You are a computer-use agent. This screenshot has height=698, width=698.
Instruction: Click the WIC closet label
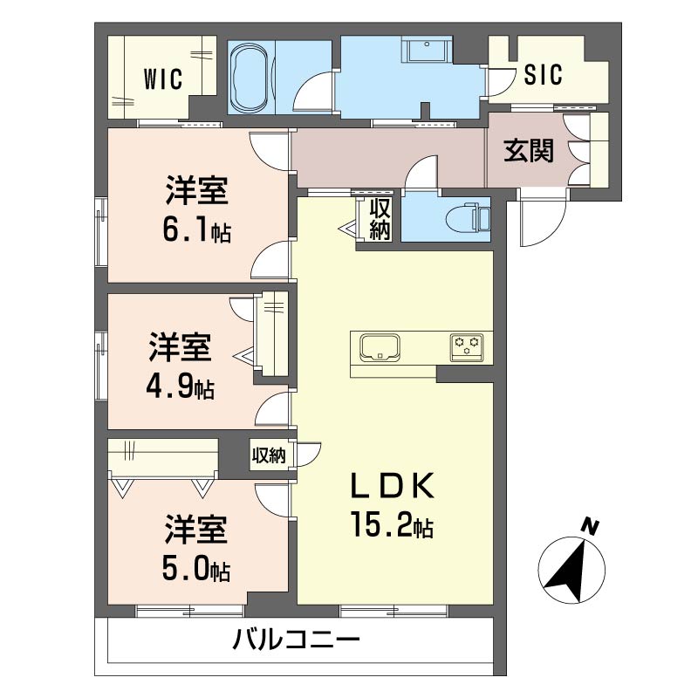(x=163, y=79)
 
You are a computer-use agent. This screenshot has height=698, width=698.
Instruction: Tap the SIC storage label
(x=543, y=75)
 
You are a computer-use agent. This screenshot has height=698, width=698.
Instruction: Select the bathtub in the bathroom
(x=250, y=77)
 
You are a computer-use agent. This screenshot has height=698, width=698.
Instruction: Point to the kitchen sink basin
(x=379, y=348)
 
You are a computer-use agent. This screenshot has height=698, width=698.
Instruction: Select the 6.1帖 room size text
(x=195, y=232)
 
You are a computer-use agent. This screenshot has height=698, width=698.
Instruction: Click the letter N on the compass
(x=591, y=526)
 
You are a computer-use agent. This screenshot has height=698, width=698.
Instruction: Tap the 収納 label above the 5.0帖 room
(x=269, y=455)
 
